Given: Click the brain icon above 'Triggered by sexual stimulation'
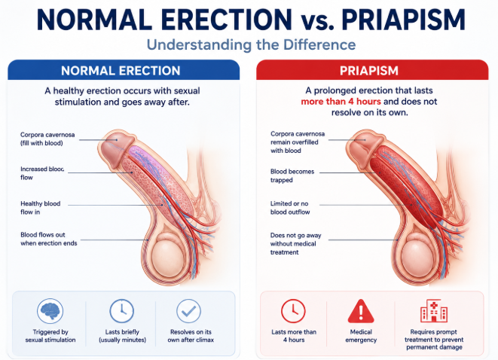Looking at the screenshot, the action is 50,311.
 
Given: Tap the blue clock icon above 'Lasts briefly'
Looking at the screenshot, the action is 121,311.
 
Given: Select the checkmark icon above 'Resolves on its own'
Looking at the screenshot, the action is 188,311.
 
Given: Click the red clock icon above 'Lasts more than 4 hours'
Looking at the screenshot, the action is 293,311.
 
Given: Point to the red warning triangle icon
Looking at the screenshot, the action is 361,311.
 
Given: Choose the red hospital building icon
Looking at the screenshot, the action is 434,310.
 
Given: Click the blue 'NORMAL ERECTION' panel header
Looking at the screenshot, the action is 124,70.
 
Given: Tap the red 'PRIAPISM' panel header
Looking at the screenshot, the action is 372,70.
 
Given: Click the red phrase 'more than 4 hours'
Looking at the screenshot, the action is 341,102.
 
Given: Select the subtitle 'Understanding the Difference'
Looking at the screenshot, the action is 251,44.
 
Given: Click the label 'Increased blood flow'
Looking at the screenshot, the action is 42,173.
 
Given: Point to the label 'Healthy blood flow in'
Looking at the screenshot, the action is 41,208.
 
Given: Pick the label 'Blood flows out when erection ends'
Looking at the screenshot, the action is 48,239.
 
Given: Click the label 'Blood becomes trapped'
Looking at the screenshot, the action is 292,175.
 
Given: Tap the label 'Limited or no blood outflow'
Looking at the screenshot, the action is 290,208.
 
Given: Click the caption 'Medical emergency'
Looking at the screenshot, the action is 361,336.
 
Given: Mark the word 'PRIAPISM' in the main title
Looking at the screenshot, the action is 403,20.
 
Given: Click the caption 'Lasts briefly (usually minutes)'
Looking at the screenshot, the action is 122,336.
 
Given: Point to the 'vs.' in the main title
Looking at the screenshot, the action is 317,23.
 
